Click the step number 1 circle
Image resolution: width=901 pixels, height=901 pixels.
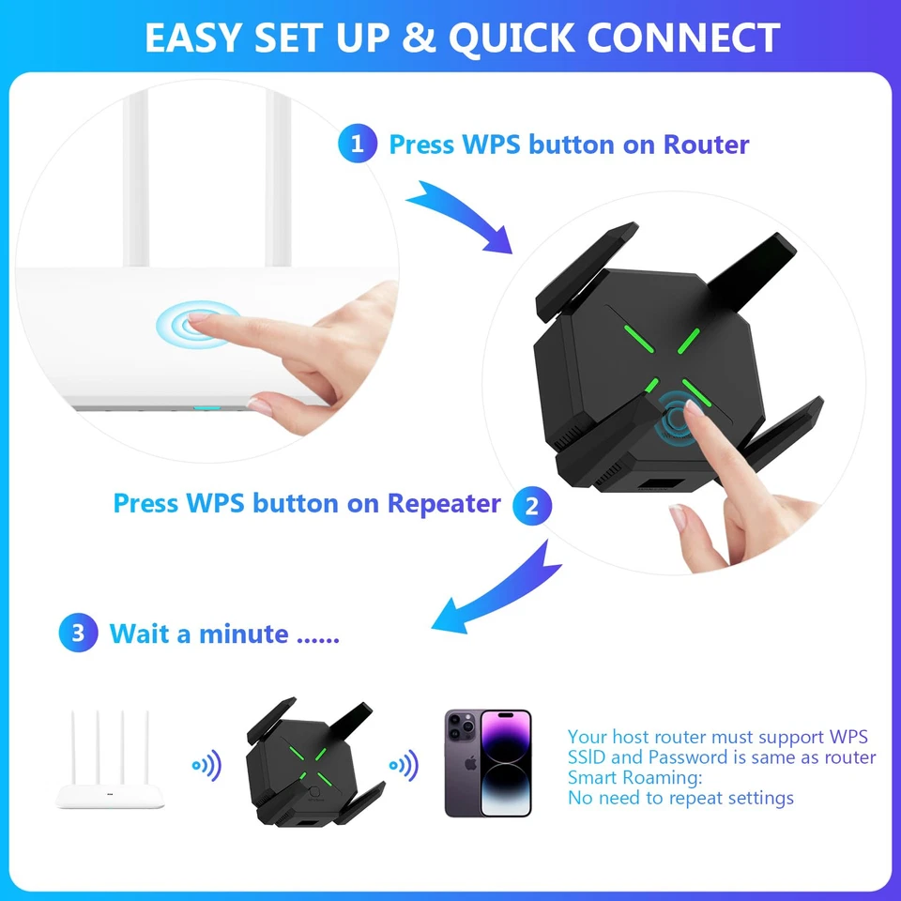pos(357,145)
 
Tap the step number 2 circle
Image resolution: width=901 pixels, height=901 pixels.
pos(532,507)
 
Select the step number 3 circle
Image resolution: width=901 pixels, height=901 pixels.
pos(78,634)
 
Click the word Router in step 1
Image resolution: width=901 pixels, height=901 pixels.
pos(706,145)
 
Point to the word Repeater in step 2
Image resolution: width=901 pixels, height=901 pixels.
pos(444,503)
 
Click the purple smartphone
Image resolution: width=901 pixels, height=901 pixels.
pos(488,762)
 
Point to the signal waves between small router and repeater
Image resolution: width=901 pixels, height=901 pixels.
pos(208,766)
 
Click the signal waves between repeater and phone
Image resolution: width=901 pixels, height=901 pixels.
pos(405,766)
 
